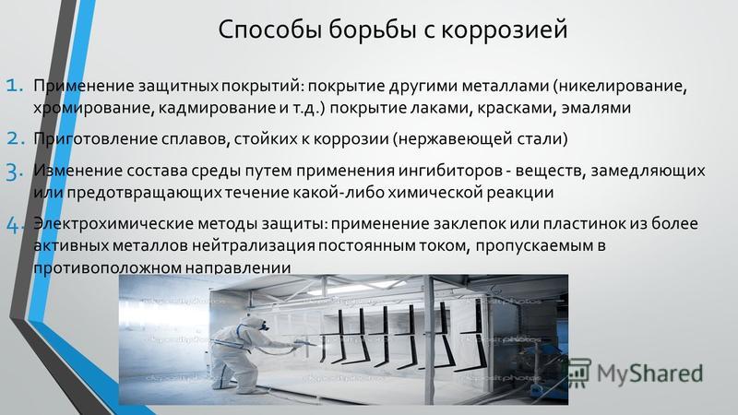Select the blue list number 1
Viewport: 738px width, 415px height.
click(x=15, y=86)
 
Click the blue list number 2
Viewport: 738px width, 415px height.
click(x=15, y=138)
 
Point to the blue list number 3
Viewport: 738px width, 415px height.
click(x=15, y=172)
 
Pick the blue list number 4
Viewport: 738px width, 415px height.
click(x=15, y=225)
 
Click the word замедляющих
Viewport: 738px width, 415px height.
click(x=649, y=172)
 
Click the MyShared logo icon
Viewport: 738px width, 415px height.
click(x=578, y=373)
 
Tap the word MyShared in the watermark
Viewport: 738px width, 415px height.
click(x=649, y=373)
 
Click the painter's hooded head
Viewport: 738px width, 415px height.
click(x=256, y=325)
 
